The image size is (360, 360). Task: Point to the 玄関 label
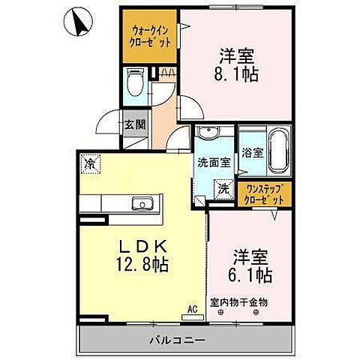click(136, 124)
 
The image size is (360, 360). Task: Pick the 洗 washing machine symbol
click(223, 189)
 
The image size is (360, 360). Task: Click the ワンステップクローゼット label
click(264, 195)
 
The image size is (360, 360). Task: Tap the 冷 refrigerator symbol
click(91, 162)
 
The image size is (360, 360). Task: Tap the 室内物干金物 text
click(239, 301)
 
